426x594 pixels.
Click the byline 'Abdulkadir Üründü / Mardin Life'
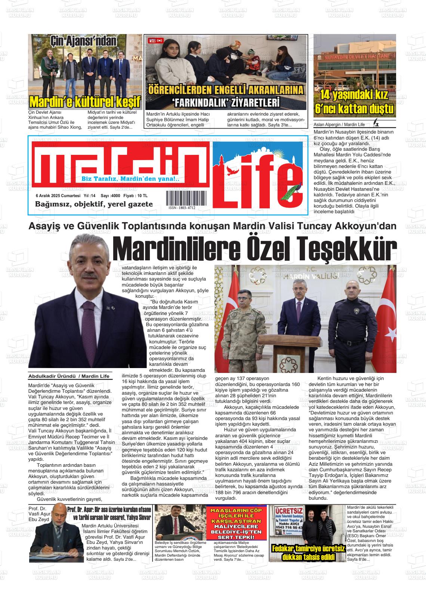coord(69,376)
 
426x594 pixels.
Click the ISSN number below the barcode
coord(182,208)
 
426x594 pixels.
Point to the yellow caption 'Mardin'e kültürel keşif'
coord(85,102)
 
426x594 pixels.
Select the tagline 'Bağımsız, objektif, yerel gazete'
coord(94,204)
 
